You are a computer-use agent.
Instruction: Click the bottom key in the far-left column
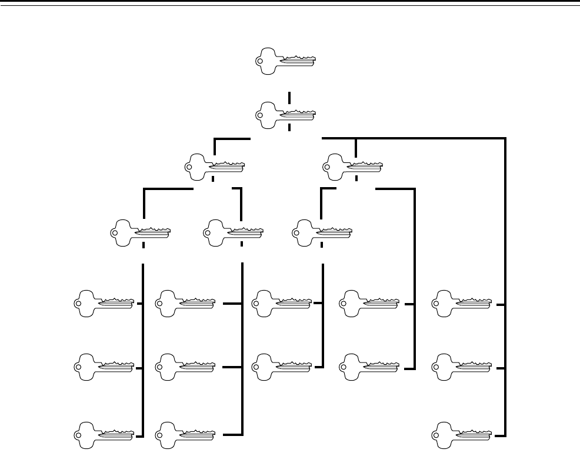(104, 435)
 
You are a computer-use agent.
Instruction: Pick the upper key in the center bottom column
(281, 302)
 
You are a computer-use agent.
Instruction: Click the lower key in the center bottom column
(281, 367)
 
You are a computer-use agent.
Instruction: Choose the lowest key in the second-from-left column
(184, 435)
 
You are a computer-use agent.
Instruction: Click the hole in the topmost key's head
(261, 61)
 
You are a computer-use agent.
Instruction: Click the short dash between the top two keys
(289, 96)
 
